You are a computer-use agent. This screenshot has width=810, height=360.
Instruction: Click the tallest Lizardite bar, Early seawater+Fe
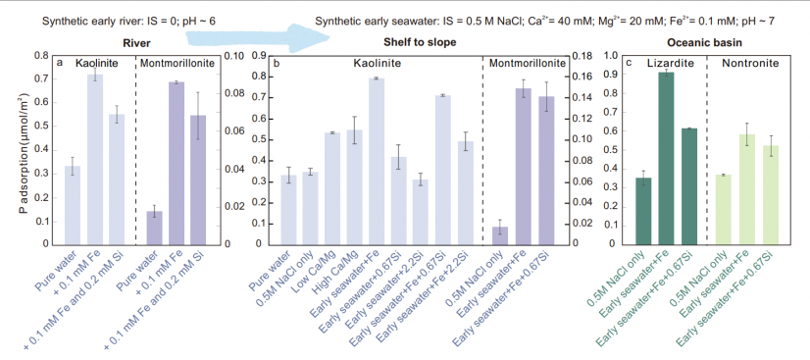[x=666, y=158]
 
